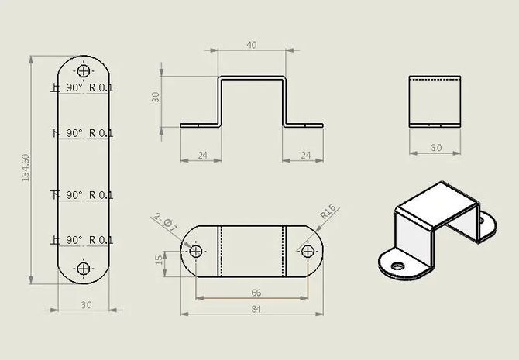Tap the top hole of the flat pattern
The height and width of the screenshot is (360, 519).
point(84,67)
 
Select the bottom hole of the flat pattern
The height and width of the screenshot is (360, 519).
point(84,269)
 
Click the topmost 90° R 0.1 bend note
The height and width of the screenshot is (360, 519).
point(89,88)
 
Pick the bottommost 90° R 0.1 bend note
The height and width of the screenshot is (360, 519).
point(89,239)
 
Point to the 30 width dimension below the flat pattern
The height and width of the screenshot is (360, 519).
point(85,304)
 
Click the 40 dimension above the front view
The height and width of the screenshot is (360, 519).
point(251,45)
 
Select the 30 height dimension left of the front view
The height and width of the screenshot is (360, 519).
point(155,98)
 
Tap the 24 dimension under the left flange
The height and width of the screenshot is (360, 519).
point(202,156)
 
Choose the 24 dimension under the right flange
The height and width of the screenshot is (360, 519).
point(305,156)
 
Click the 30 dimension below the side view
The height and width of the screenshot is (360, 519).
point(435,148)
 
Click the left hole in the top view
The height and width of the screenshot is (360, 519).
point(195,251)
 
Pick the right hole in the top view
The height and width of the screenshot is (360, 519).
point(308,251)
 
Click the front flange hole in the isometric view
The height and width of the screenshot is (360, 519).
point(398,266)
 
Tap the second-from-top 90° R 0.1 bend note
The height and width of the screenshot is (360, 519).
point(89,133)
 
